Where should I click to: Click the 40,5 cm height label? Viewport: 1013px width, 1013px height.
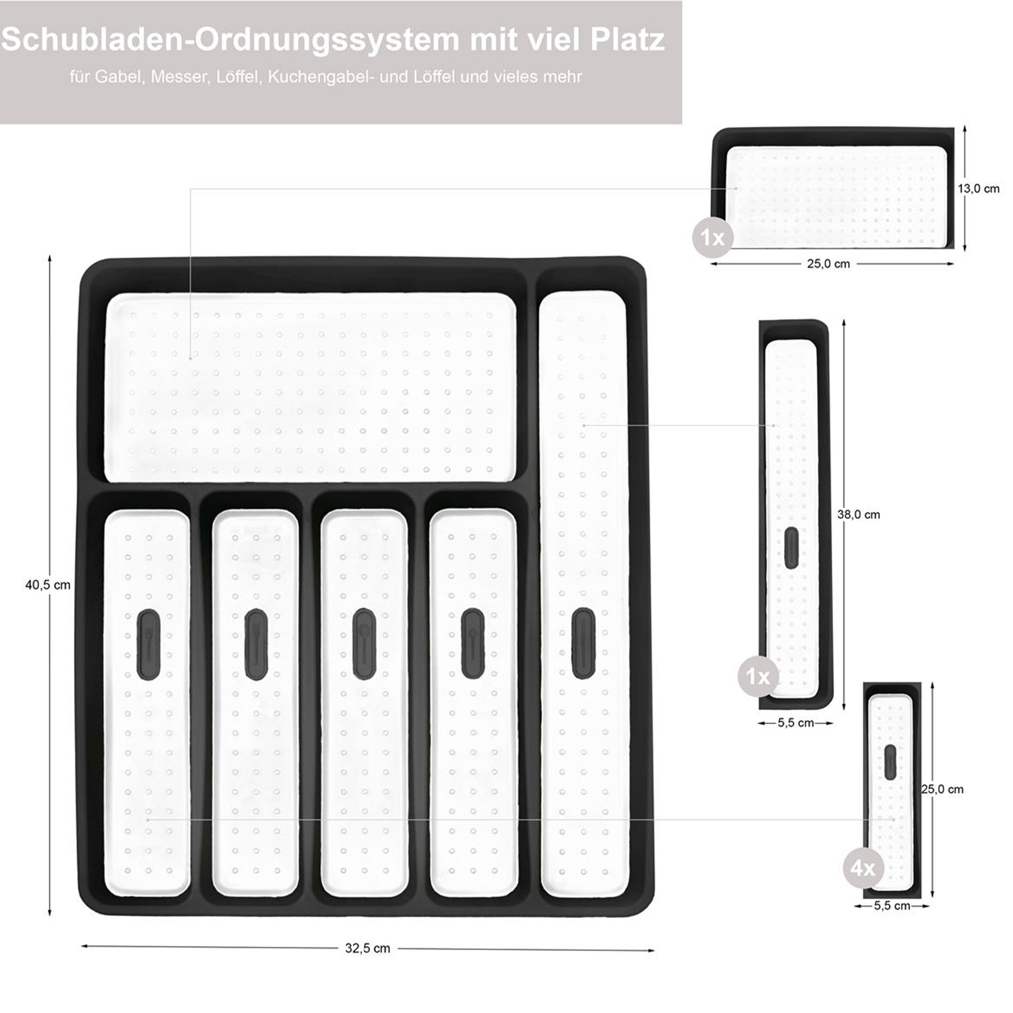(48, 585)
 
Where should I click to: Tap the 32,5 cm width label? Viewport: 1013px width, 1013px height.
(368, 949)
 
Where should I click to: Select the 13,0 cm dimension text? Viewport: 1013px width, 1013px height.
(979, 189)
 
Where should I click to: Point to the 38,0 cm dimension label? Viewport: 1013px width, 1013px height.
(859, 515)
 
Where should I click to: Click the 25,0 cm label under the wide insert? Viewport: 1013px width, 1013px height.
(829, 264)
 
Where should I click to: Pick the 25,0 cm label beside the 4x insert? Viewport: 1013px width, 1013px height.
(942, 804)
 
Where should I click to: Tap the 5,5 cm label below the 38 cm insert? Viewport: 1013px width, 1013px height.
(795, 723)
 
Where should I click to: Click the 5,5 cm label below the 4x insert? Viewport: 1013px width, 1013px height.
(892, 906)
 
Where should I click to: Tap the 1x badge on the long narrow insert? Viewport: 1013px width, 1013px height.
(758, 677)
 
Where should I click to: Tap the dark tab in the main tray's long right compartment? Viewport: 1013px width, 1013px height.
(583, 643)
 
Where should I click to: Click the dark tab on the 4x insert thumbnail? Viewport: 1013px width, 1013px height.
(890, 762)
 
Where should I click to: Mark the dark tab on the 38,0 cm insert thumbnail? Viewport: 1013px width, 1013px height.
(791, 548)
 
